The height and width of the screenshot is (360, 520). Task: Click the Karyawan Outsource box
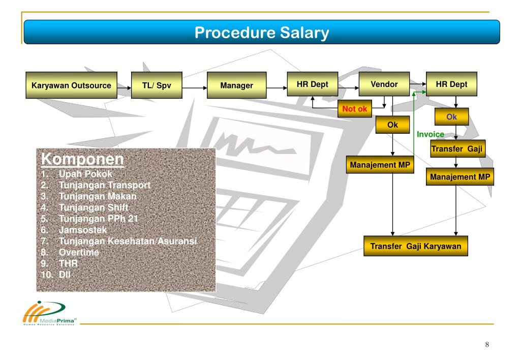click(71, 85)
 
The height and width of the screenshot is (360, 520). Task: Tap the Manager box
click(236, 85)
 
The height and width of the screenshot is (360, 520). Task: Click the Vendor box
click(384, 84)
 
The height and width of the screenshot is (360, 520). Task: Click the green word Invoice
click(431, 134)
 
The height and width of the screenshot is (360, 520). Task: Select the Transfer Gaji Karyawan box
click(416, 246)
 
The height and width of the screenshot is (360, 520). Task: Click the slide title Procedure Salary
click(262, 34)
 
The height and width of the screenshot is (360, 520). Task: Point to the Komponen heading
click(82, 159)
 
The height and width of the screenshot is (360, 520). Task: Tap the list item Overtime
click(79, 252)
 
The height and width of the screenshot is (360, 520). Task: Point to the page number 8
click(487, 345)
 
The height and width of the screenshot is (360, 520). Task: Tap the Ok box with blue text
click(451, 116)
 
